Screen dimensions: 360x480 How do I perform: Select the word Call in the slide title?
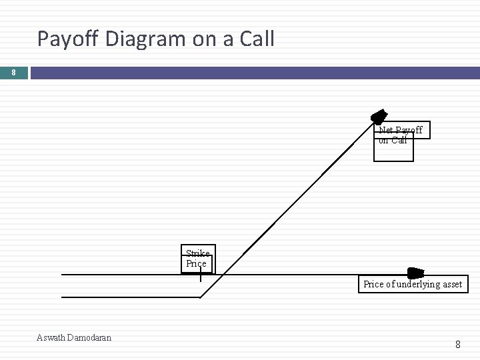[x=255, y=39]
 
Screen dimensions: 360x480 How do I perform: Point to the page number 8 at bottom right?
[x=457, y=345]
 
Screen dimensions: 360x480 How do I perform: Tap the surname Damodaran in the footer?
[x=90, y=337]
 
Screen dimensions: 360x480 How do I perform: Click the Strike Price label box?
[x=198, y=259]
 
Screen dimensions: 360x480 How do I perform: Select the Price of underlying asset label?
[x=412, y=284]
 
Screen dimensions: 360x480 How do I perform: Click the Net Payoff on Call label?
[x=400, y=135]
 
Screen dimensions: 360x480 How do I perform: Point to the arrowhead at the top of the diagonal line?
[x=379, y=117]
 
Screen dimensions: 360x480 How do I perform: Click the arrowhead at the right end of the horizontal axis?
[x=416, y=273]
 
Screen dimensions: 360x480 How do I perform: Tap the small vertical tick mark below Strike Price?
[x=201, y=276]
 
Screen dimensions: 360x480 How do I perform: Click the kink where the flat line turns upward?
[x=201, y=297]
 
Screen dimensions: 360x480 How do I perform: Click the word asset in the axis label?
[x=451, y=284]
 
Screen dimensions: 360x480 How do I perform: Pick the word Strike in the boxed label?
[x=197, y=253]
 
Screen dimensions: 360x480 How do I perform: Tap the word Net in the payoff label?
[x=386, y=130]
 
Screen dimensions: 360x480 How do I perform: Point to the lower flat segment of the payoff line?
[x=130, y=297]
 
